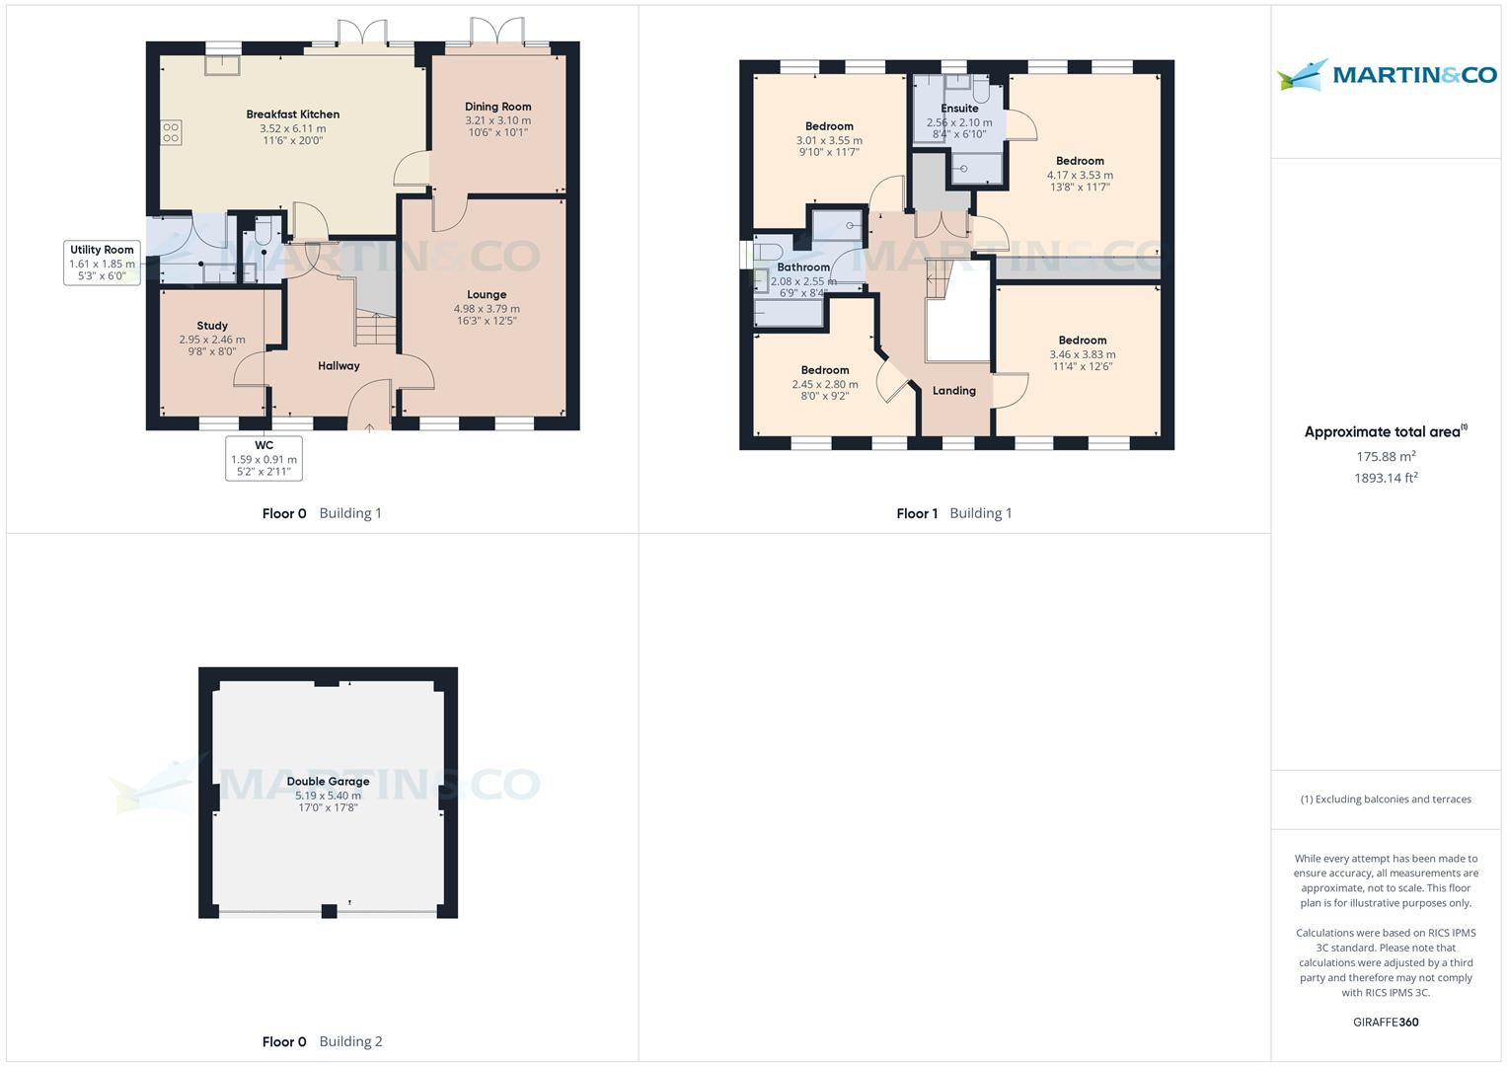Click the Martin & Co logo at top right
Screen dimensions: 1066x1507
click(x=1386, y=75)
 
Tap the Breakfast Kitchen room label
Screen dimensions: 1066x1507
click(x=292, y=114)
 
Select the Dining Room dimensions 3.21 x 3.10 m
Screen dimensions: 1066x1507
click(x=497, y=120)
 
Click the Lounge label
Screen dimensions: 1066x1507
click(x=487, y=294)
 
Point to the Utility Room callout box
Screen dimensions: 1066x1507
click(x=102, y=263)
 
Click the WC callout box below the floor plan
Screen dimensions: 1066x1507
click(x=264, y=459)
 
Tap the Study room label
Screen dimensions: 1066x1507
click(x=212, y=326)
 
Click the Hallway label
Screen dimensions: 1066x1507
click(x=339, y=366)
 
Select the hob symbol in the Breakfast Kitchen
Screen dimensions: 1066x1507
click(x=171, y=132)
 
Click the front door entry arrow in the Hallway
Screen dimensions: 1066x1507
click(x=369, y=427)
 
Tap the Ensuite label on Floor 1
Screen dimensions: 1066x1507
click(x=959, y=109)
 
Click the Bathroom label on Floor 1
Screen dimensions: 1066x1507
click(x=803, y=267)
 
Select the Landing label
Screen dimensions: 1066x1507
click(x=954, y=391)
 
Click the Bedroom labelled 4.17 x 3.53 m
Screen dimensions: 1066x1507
click(x=1080, y=161)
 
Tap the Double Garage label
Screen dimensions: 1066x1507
click(x=328, y=782)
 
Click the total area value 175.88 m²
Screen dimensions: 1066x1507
click(x=1386, y=456)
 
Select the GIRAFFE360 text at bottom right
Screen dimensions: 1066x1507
click(x=1386, y=1023)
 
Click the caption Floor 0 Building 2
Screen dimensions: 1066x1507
click(x=322, y=1041)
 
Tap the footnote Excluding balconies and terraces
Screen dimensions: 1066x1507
click(x=1386, y=799)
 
